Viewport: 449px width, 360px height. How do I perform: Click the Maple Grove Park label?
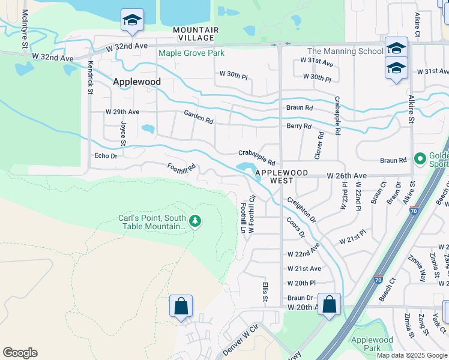(191, 53)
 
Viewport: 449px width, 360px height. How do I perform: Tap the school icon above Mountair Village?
(132, 20)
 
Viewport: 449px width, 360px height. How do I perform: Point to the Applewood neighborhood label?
(138, 82)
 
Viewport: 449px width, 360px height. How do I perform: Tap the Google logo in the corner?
(20, 353)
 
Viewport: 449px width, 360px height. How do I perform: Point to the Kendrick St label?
(90, 76)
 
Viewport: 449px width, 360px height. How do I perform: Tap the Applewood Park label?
(372, 344)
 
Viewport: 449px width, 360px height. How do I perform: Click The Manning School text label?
(345, 52)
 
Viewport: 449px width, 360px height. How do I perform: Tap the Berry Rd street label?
(299, 126)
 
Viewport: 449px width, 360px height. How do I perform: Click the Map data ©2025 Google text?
(412, 355)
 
